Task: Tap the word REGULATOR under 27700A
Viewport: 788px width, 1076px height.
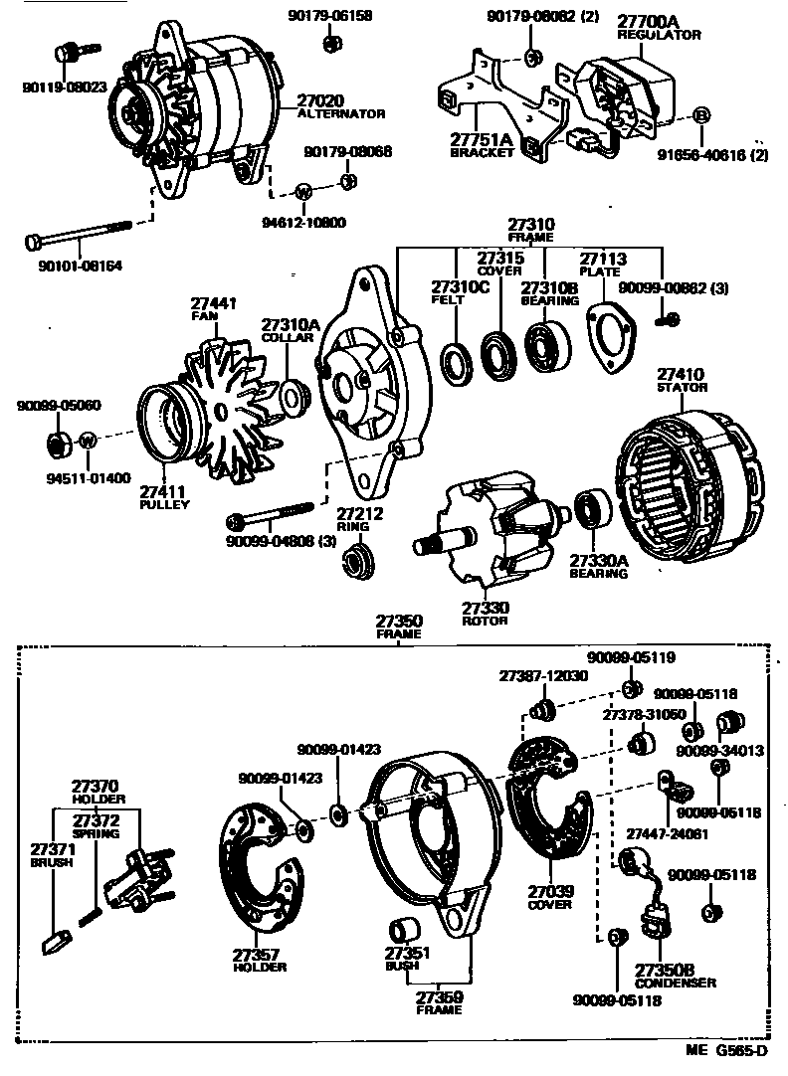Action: click(659, 35)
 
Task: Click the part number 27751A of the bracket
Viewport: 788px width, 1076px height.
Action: click(482, 139)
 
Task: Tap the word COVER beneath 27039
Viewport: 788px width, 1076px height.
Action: click(550, 905)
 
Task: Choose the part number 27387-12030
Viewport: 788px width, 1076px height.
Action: click(543, 675)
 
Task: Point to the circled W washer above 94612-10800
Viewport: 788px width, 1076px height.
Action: click(304, 190)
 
